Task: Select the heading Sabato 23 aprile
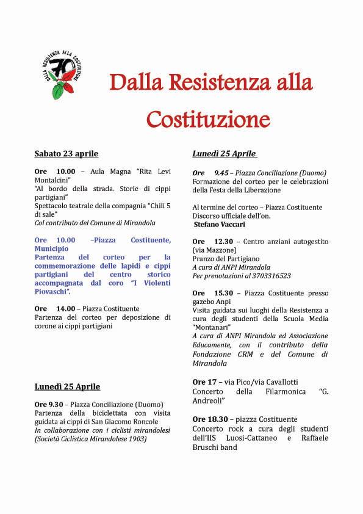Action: coord(66,153)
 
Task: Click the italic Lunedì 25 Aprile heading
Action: coord(224,153)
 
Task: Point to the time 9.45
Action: coord(221,173)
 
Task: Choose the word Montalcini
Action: coord(54,181)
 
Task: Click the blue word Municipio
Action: coord(52,249)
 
